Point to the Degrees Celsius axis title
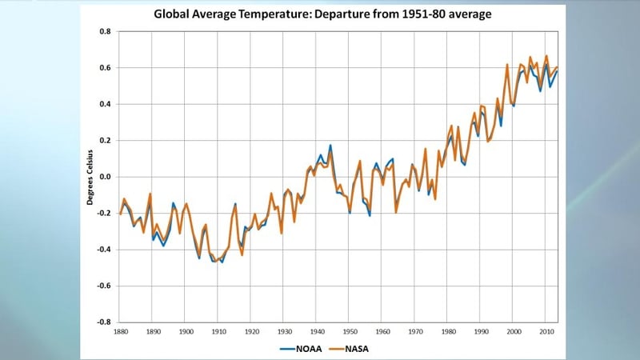tap(90, 177)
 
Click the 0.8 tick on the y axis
tap(104, 32)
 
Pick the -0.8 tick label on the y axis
tap(103, 322)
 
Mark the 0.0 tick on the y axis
tap(104, 177)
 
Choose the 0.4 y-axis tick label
tap(104, 104)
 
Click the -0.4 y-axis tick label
tap(103, 250)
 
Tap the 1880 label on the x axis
tap(121, 331)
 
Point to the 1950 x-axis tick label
tap(350, 331)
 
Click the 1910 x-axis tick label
tap(218, 331)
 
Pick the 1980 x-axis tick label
tap(448, 331)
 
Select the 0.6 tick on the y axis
tap(104, 68)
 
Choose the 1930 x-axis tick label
tap(284, 331)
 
